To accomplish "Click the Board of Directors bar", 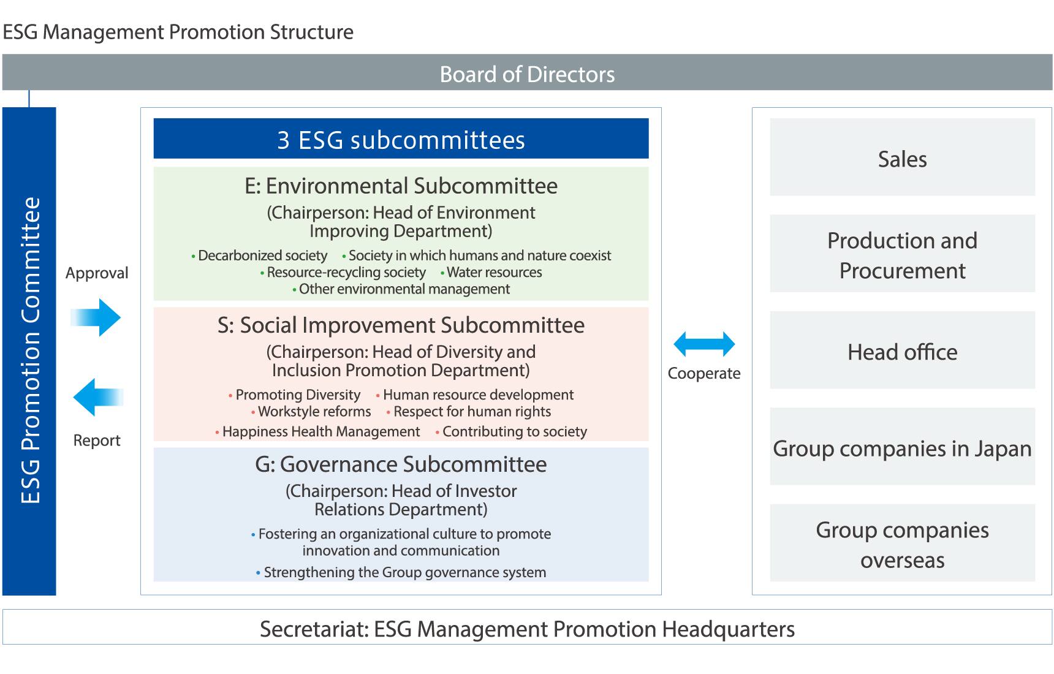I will point(527,74).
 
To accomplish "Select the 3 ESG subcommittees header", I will point(401,139).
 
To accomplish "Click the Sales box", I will point(902,158).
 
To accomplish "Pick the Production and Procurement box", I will point(902,254).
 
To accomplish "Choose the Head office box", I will point(902,351).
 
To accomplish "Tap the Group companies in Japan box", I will point(902,447).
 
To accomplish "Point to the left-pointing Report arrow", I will point(97,397).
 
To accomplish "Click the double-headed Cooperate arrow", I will point(704,344).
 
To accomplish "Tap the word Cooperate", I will point(704,373).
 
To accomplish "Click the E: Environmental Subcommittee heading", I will point(401,186).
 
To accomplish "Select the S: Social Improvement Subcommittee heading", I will point(401,325).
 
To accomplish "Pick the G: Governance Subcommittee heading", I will point(401,464).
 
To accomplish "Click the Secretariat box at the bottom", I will point(527,628).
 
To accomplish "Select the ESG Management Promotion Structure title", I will point(178,32).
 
